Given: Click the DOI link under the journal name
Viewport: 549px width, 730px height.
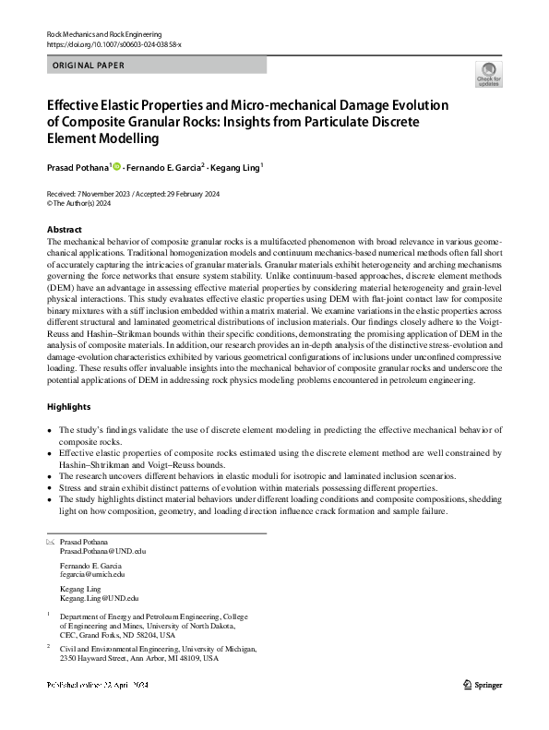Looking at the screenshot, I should tap(113, 44).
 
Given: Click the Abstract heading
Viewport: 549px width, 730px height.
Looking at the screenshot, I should tap(64, 229).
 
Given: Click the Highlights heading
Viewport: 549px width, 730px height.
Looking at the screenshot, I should tap(68, 406).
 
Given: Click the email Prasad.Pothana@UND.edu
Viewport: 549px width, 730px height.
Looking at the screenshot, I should tap(102, 551).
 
